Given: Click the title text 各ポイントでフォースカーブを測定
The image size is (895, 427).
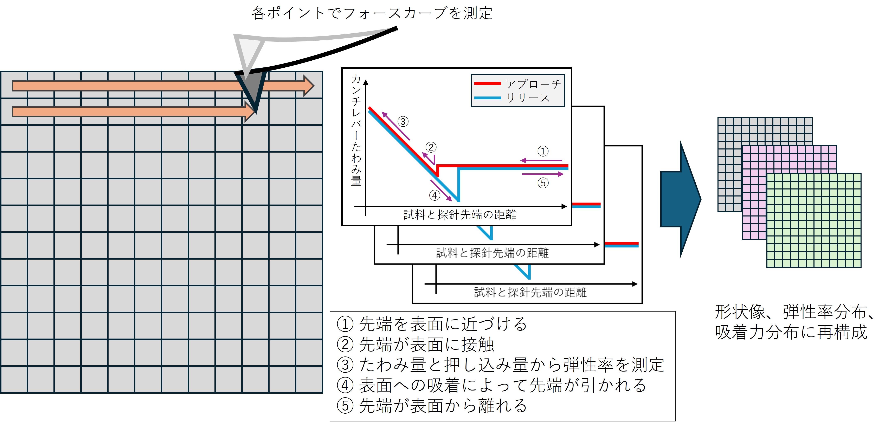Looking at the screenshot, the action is coord(372,13).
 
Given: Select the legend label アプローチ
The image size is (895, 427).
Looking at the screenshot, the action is coord(533,84).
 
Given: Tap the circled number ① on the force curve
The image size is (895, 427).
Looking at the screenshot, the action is coord(543,151).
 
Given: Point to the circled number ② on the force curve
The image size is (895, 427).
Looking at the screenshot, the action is coord(431,147).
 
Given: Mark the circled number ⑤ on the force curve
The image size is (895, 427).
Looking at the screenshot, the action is coord(543,183).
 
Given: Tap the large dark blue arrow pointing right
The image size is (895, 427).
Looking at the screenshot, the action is coord(680,199).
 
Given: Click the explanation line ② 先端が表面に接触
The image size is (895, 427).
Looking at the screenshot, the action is coord(416,344).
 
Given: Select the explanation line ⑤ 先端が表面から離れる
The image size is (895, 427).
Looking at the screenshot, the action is coord(432,406).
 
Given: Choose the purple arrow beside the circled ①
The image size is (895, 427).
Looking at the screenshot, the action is coord(541,160).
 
